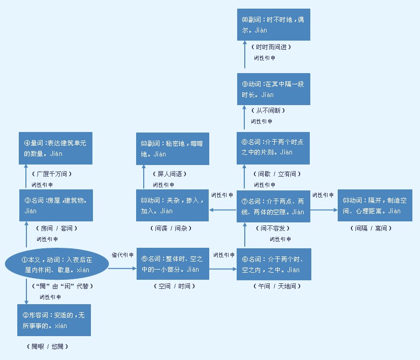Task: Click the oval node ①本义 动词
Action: click(x=57, y=265)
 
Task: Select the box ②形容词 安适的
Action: click(x=54, y=320)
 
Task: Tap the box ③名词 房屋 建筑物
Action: click(x=56, y=206)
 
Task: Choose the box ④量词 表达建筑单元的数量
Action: click(x=56, y=149)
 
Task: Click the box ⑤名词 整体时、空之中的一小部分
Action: click(x=173, y=264)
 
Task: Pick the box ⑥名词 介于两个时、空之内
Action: click(x=274, y=264)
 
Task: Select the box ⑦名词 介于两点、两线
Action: click(x=273, y=206)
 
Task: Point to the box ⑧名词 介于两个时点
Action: click(x=273, y=148)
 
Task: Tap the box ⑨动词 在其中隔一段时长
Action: click(x=273, y=89)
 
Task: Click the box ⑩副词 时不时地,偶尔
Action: click(x=273, y=25)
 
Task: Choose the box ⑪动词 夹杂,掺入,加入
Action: click(x=173, y=206)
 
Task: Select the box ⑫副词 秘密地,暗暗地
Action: click(x=173, y=149)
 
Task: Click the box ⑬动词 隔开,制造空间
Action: click(x=374, y=206)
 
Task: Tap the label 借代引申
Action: click(x=122, y=255)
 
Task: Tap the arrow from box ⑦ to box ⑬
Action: click(x=324, y=208)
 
